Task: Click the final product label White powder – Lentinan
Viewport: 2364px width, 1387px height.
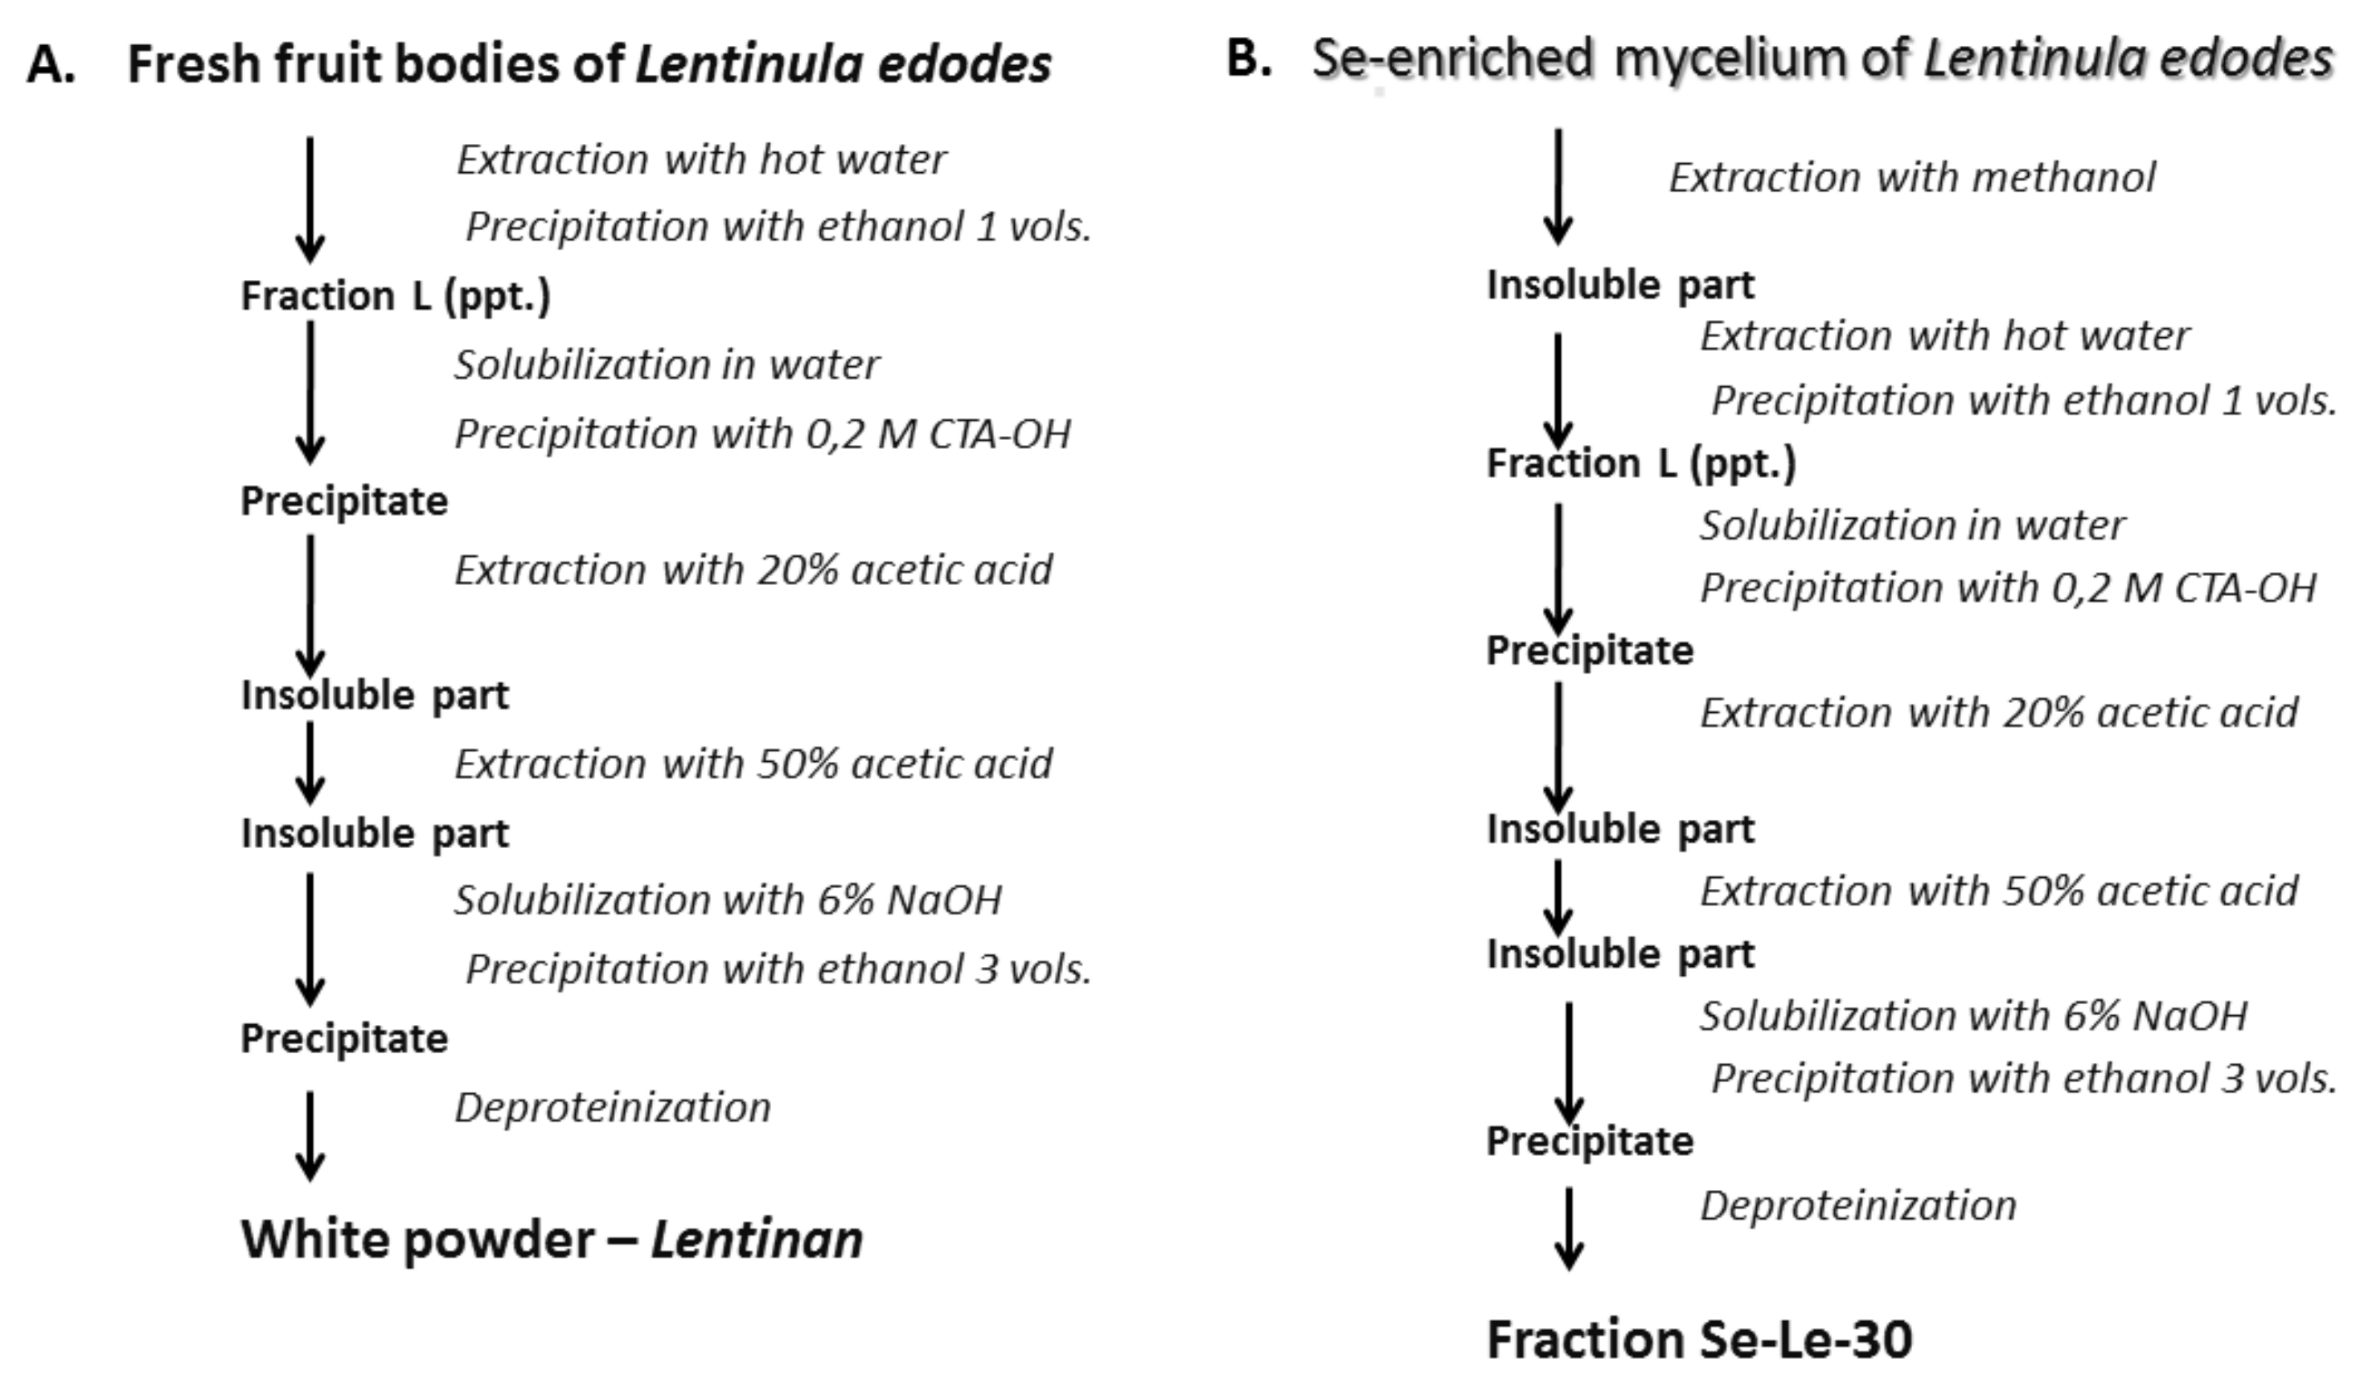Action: point(552,1239)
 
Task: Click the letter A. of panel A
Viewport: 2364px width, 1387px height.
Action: point(51,64)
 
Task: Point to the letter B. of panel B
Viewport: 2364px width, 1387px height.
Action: point(1249,58)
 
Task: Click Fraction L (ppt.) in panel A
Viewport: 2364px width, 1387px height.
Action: point(395,295)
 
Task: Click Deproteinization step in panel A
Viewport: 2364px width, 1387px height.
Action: point(613,1107)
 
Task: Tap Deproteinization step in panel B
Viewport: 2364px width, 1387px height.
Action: point(1857,1206)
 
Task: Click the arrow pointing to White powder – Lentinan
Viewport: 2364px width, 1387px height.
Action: point(310,1135)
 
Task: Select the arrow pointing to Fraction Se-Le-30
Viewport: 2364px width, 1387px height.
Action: point(1569,1229)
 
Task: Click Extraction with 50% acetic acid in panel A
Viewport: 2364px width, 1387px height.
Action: point(753,763)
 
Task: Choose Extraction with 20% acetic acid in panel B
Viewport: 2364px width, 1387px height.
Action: point(1999,713)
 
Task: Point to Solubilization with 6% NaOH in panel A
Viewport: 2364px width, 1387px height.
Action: point(728,900)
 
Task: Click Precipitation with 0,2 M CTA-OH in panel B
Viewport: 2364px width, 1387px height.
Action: point(2008,588)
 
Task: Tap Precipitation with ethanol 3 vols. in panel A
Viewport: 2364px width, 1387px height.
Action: point(778,969)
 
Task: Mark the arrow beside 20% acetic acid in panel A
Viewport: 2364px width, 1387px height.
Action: point(310,605)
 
